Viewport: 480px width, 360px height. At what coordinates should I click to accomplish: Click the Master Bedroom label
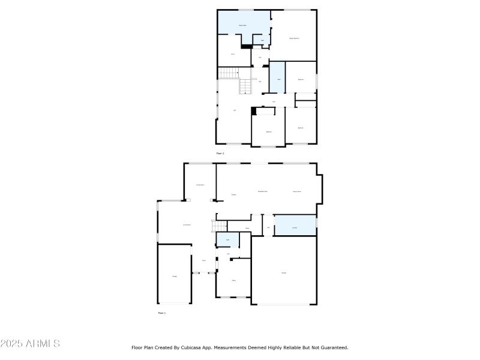click(x=294, y=38)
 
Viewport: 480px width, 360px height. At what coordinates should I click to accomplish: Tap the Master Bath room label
click(x=243, y=25)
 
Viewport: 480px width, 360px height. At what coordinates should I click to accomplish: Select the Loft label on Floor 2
click(x=235, y=110)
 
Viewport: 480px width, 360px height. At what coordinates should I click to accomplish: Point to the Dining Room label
click(x=200, y=185)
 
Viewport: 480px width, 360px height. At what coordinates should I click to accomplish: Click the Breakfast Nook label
click(x=262, y=191)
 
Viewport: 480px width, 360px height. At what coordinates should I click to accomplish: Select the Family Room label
click(x=296, y=191)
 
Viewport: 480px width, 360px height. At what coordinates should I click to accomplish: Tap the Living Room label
click(x=187, y=224)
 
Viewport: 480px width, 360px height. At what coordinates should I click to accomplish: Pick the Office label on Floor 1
click(x=233, y=280)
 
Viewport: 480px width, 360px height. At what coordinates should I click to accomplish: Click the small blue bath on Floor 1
click(x=227, y=240)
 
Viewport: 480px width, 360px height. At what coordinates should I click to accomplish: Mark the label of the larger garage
click(x=284, y=272)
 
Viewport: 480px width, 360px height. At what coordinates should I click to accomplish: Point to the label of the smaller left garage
click(x=175, y=276)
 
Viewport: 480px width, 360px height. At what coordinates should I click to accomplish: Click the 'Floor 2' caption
click(x=220, y=154)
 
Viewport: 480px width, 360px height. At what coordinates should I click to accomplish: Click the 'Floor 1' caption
click(x=161, y=313)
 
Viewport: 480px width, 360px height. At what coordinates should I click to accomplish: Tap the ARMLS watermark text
click(x=30, y=344)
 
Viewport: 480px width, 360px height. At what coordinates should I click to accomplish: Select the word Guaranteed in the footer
click(x=334, y=347)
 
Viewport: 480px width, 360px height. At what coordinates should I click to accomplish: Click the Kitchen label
click(x=233, y=194)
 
